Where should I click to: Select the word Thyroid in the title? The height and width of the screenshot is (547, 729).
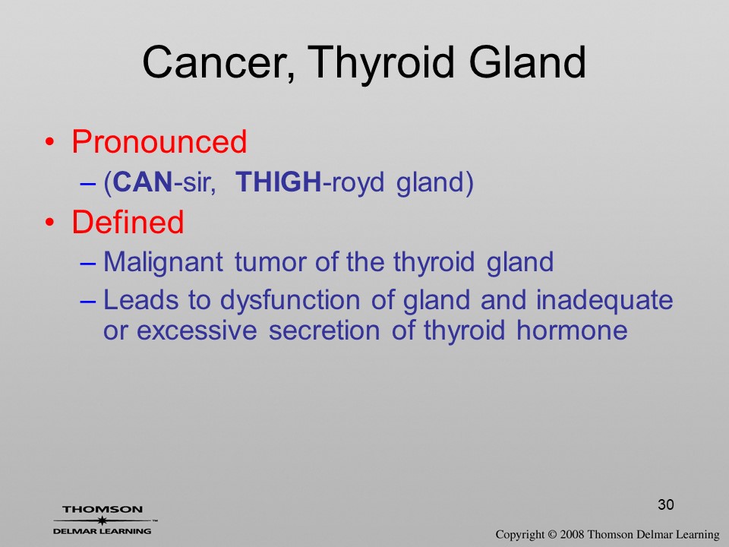380,64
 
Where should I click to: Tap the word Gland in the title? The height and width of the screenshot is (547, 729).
527,62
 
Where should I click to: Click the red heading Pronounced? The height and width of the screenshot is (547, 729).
159,141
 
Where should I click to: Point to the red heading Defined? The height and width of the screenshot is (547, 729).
128,221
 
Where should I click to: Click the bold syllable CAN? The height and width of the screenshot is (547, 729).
143,182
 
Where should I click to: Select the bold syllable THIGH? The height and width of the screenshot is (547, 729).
279,182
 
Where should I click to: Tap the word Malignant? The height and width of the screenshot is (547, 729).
163,262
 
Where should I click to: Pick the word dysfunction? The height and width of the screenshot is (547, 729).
290,301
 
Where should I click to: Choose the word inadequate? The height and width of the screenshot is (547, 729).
604,301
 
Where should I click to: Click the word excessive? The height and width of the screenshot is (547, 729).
197,330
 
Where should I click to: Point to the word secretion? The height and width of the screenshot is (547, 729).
324,330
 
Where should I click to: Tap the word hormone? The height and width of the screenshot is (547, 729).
572,330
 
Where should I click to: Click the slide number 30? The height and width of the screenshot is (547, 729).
666,504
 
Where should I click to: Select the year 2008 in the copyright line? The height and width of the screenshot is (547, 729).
572,534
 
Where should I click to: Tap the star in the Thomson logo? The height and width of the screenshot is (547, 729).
103,520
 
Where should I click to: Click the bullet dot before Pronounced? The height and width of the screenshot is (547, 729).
50,141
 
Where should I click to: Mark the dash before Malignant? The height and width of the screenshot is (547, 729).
88,263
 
